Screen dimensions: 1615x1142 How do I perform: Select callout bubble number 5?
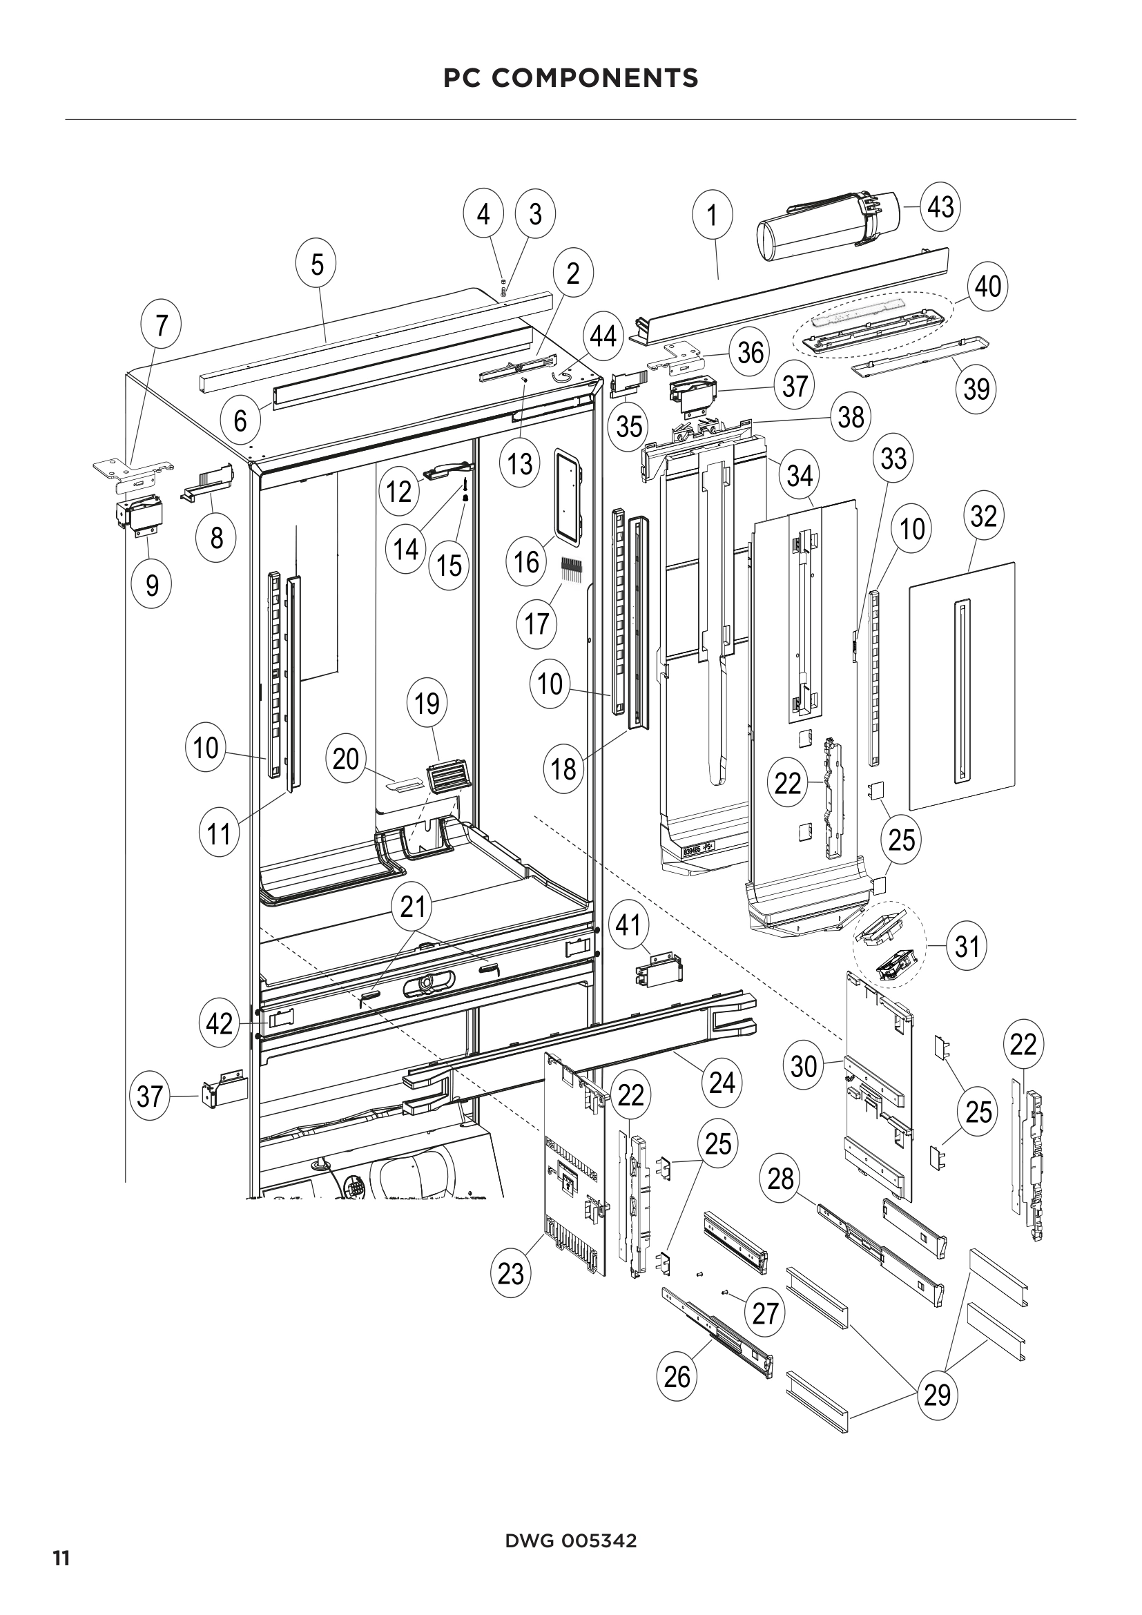coord(317,265)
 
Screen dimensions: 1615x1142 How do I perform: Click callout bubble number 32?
coord(983,516)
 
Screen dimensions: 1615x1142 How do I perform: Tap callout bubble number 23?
coord(510,1273)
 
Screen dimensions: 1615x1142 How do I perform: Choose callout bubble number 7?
coord(162,326)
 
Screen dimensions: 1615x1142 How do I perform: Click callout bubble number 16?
coord(526,561)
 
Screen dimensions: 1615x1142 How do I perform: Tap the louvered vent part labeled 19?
coord(447,775)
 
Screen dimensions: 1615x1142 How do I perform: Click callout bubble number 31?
coord(967,946)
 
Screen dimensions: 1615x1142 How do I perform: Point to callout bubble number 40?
coord(987,287)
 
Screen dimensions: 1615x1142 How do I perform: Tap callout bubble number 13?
coord(520,463)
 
